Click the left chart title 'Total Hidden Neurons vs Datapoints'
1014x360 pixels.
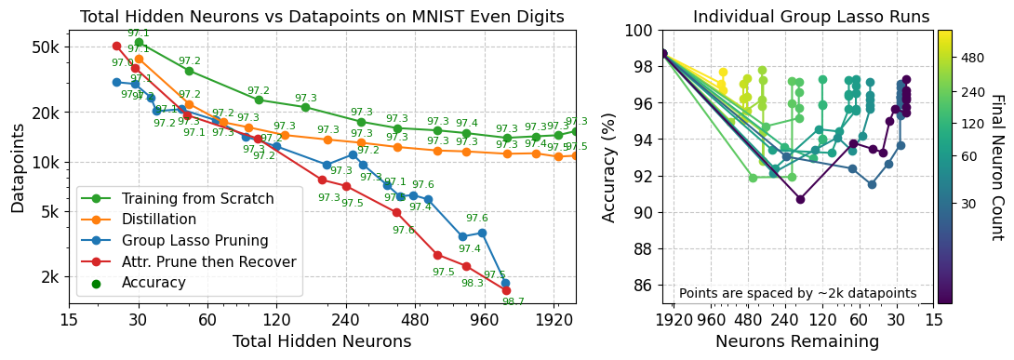point(322,16)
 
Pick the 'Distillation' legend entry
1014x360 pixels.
point(159,220)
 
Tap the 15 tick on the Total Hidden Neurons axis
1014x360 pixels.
point(69,319)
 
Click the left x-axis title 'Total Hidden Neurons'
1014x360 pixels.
point(322,341)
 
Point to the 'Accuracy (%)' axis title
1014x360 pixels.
point(609,167)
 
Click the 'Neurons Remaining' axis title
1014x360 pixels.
point(798,341)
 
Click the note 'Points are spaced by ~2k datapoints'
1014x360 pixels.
point(798,293)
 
